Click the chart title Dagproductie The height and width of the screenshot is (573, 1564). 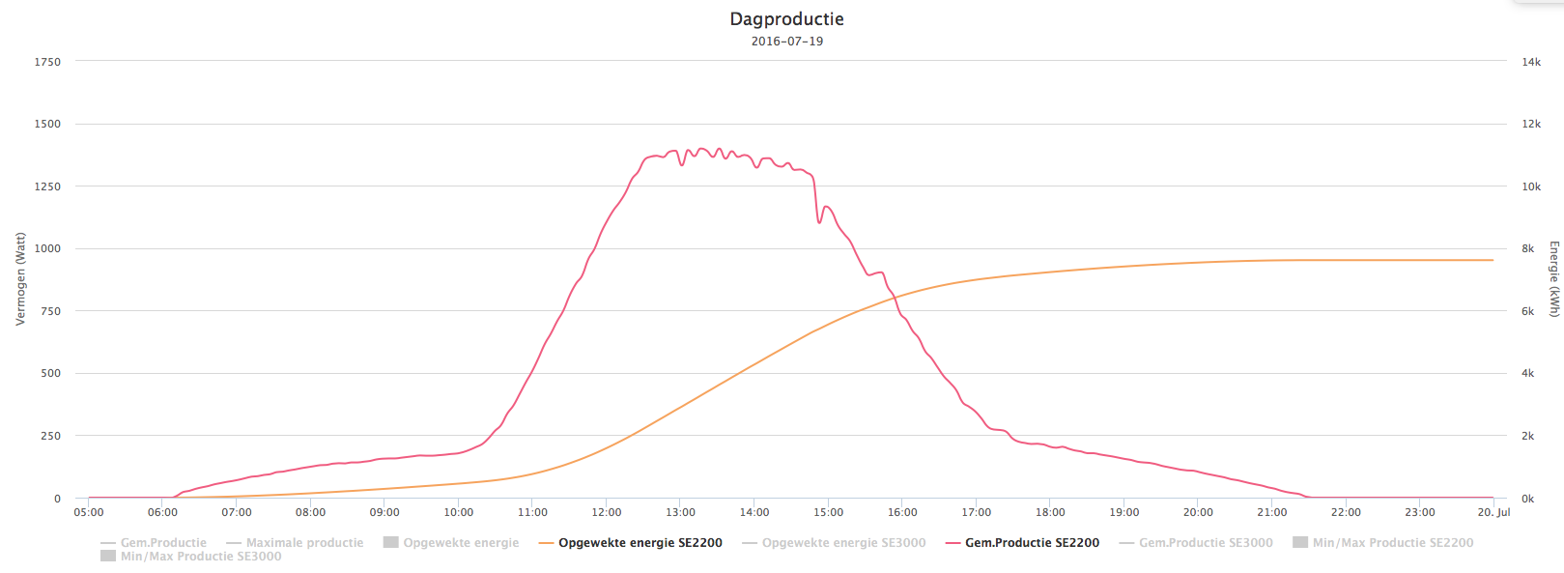786,19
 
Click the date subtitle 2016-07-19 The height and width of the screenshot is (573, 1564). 786,42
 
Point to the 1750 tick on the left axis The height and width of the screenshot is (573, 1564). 47,62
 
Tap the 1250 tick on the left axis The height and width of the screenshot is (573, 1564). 47,186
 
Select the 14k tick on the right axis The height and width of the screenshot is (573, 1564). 1531,62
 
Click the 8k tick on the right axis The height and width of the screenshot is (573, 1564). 1528,249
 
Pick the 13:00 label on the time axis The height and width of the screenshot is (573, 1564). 680,513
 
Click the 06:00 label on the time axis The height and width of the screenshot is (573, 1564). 162,513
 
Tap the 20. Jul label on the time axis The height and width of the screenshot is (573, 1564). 1493,513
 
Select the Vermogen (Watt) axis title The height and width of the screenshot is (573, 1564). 20,279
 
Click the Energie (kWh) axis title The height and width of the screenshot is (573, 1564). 1554,279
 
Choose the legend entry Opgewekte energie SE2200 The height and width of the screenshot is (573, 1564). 640,543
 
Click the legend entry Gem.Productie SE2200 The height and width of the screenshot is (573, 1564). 1032,543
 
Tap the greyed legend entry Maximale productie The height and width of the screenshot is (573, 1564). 304,543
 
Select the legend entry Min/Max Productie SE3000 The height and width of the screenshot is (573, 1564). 200,557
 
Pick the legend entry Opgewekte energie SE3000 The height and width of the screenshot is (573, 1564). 843,543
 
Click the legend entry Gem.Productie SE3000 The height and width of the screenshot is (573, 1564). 1206,543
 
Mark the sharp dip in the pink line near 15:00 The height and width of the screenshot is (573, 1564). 820,222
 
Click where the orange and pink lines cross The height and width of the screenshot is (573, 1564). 896,296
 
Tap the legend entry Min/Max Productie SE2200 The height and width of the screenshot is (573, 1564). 1392,543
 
